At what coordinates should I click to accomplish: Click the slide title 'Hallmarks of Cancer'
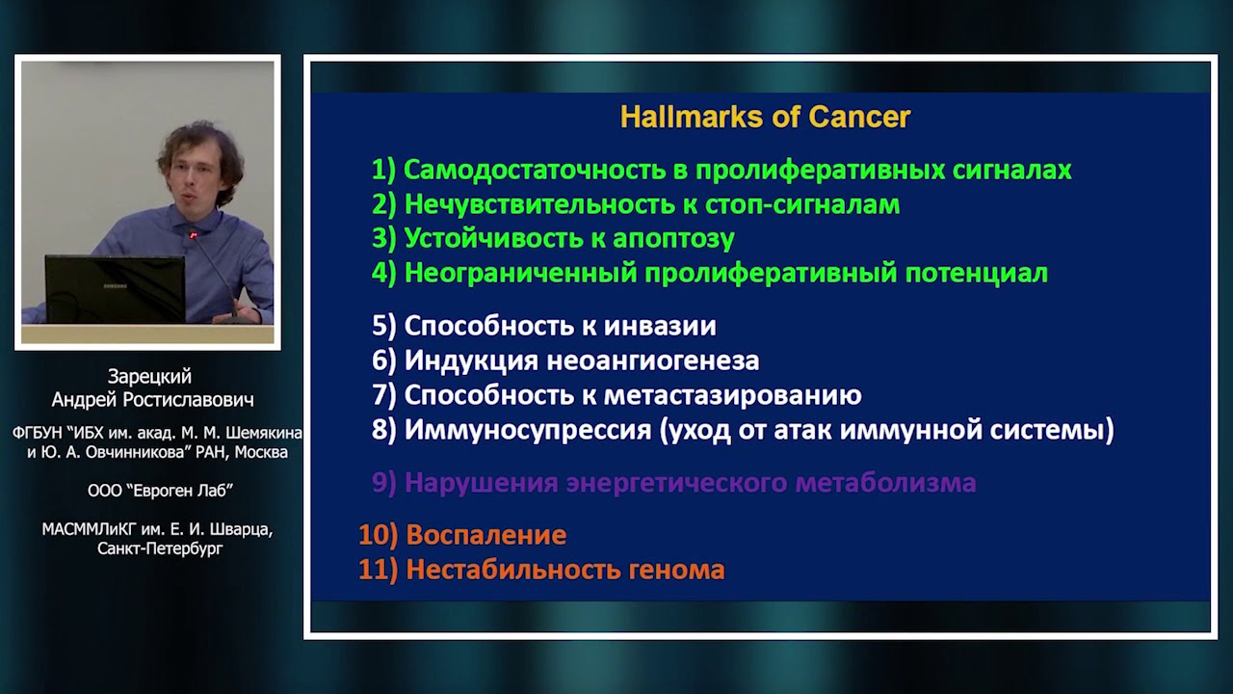(765, 118)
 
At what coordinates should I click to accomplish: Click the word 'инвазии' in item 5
(666, 326)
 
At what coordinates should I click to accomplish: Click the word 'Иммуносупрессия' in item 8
(528, 430)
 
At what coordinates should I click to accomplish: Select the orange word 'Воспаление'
(485, 535)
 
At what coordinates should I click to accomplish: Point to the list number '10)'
(378, 535)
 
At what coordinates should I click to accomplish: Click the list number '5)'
(384, 326)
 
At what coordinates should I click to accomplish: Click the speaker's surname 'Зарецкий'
(150, 377)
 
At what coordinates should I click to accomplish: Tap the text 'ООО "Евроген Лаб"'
(160, 491)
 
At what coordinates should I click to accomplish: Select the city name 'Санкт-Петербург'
(160, 548)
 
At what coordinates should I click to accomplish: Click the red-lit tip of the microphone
(193, 235)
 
